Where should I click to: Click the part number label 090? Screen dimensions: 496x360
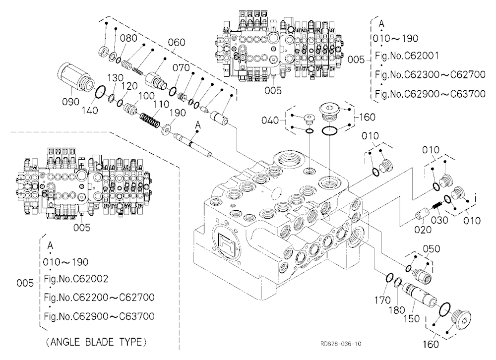pyautogui.click(x=70, y=102)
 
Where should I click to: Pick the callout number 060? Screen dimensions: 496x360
pyautogui.click(x=177, y=42)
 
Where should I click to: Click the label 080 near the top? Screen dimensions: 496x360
pyautogui.click(x=128, y=38)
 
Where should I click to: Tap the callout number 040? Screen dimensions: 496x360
pyautogui.click(x=270, y=120)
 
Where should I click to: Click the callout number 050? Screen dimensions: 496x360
pyautogui.click(x=432, y=249)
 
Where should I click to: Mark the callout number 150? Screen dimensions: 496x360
pyautogui.click(x=411, y=318)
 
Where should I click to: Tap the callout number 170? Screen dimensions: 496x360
pyautogui.click(x=382, y=300)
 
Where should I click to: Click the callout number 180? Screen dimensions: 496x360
pyautogui.click(x=397, y=310)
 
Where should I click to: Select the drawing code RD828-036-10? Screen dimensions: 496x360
pyautogui.click(x=340, y=344)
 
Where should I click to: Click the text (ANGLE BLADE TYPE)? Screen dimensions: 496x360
pyautogui.click(x=97, y=342)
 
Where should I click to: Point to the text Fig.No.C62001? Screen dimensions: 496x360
pyautogui.click(x=407, y=56)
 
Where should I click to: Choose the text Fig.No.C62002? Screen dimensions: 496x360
pyautogui.click(x=76, y=279)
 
